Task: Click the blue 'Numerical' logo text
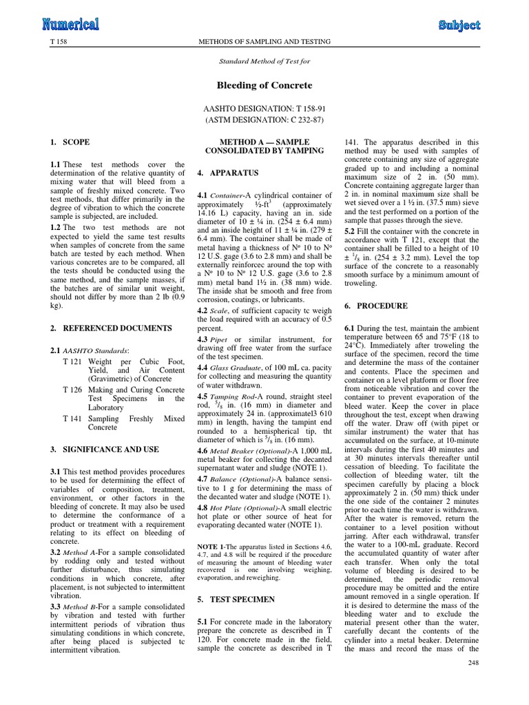point(71,25)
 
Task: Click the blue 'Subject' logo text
point(459,25)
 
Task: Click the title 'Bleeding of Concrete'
point(264,85)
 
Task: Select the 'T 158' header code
point(58,43)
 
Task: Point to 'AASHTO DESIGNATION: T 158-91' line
point(264,109)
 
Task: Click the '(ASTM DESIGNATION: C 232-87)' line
point(264,121)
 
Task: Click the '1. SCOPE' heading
point(70,143)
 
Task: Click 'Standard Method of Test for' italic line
point(264,61)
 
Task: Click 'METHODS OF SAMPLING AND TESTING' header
point(264,43)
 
